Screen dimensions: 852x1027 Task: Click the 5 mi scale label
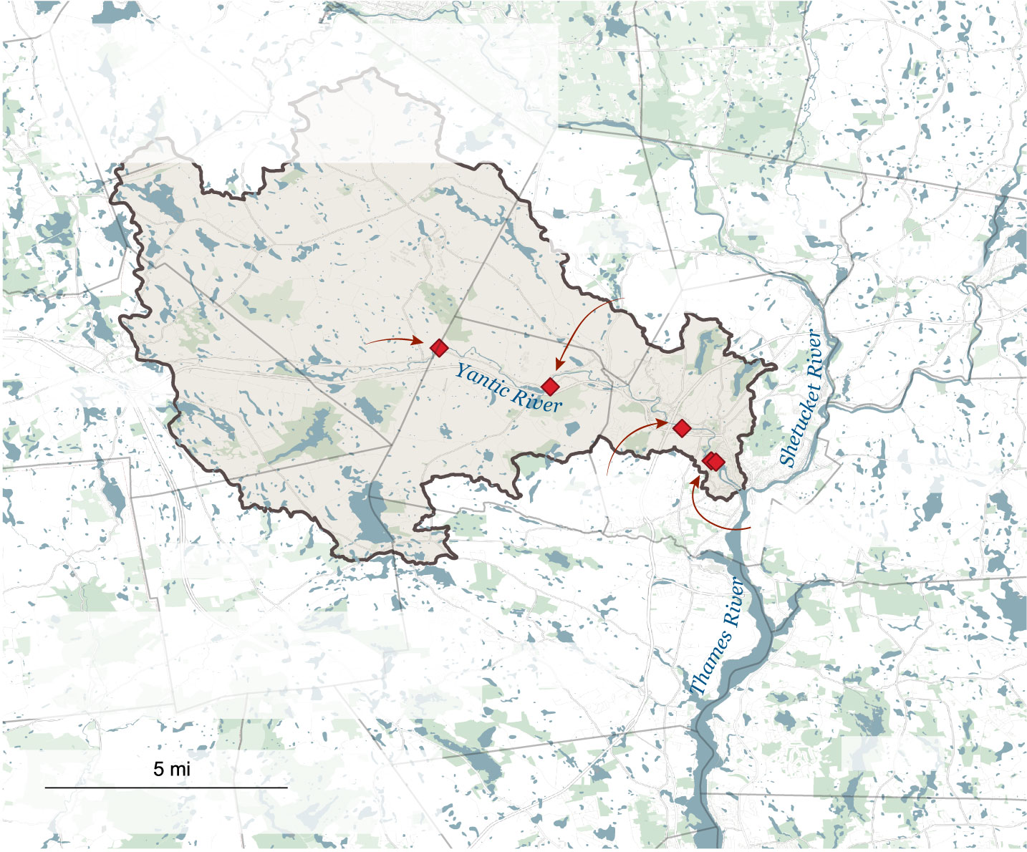(x=172, y=770)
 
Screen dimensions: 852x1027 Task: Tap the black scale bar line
(x=166, y=788)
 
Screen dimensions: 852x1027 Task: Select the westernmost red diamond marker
(x=440, y=348)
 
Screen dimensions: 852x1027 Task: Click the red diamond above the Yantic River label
(x=550, y=387)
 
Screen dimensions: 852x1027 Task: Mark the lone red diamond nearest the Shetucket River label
(x=682, y=428)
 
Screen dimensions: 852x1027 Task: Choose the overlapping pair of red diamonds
(x=713, y=462)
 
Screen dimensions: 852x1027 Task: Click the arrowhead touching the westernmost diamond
(x=421, y=342)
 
